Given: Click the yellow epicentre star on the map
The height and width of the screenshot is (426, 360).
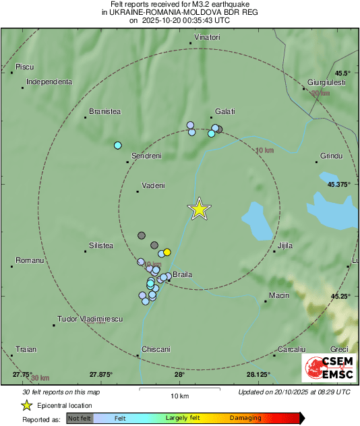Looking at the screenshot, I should (199, 209).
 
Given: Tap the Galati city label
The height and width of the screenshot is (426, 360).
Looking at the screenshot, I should (224, 111).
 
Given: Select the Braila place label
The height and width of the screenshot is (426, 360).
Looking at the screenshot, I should (183, 276).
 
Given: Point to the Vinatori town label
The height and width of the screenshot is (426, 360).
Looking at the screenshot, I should (207, 36).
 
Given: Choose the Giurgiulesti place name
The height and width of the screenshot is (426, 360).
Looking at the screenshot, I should (326, 82).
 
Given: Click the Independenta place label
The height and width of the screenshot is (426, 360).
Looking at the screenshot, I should (49, 82).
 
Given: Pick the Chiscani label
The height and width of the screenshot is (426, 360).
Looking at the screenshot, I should (156, 349).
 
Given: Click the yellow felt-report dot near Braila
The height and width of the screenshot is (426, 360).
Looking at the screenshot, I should (167, 252).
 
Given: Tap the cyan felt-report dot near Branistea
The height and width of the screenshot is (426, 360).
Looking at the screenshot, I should (117, 145).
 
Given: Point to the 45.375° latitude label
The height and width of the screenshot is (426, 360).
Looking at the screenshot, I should (340, 184).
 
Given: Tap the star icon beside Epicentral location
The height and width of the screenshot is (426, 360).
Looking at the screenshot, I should (26, 405).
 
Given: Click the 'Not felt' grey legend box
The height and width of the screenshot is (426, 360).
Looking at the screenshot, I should (79, 419).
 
